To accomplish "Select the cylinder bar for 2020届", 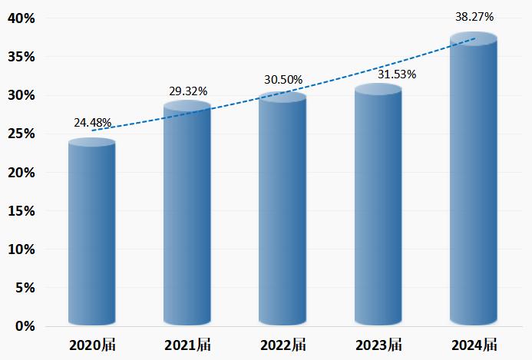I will pos(91,234).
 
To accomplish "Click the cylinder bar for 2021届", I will pos(187,215).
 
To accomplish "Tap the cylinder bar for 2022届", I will pos(282,211).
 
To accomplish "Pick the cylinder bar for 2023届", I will pos(378,207).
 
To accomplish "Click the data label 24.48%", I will pos(93,122).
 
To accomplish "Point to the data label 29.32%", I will pos(188,91).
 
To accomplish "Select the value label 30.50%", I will pos(283,80).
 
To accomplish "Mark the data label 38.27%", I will pos(474,16).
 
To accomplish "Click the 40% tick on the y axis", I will pos(21,18).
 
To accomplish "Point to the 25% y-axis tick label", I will pos(21,134).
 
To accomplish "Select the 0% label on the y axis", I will pos(25,326).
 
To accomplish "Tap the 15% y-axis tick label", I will pos(21,211).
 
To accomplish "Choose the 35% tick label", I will pos(21,57).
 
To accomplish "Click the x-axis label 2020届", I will pos(91,345).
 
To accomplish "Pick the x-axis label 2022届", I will pos(282,345).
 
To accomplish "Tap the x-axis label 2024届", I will pos(473,345).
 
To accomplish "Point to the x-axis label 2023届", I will pos(378,345).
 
